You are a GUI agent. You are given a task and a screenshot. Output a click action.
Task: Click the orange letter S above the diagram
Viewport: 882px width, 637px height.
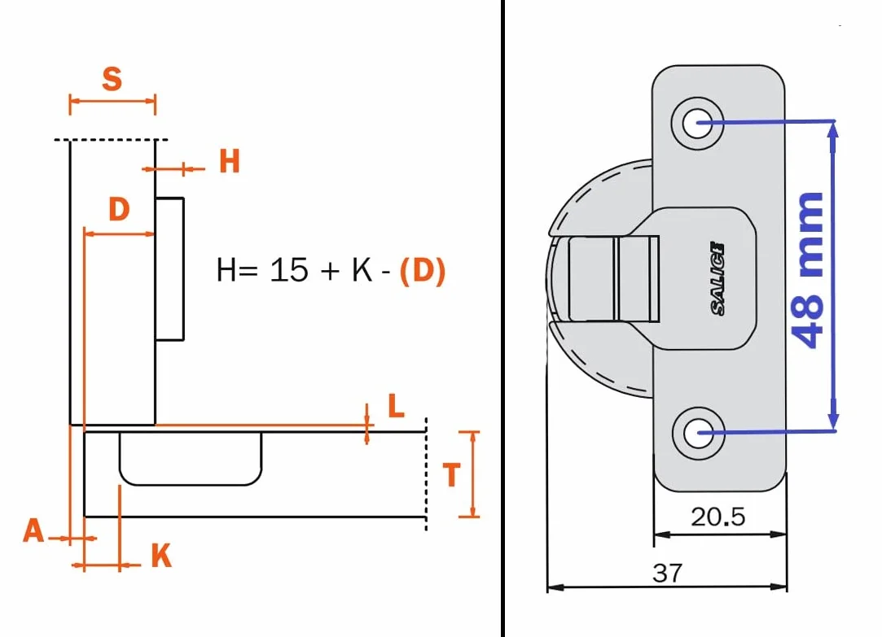click(112, 79)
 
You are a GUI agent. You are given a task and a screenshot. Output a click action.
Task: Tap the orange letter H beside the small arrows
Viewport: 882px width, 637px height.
click(230, 161)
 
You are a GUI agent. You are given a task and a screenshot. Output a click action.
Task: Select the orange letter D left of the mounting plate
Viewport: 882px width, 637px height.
click(119, 209)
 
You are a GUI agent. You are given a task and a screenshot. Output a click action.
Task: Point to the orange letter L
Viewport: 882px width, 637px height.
click(397, 405)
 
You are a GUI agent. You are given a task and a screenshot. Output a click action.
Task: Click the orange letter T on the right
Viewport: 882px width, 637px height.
click(451, 474)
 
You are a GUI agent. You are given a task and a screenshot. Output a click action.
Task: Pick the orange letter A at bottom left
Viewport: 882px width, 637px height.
click(33, 530)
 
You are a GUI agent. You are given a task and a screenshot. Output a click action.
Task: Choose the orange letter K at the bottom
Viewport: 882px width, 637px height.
click(161, 556)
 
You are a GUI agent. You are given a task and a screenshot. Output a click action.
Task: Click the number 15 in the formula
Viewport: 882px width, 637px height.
click(289, 270)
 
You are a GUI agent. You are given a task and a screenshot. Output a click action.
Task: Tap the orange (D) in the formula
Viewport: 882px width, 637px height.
click(423, 271)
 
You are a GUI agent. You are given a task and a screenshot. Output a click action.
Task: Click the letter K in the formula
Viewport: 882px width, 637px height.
click(362, 270)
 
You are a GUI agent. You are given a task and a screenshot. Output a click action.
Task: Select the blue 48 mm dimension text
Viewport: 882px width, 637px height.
click(808, 270)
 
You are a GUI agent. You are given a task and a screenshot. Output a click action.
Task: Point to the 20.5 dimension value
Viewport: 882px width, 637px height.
click(717, 517)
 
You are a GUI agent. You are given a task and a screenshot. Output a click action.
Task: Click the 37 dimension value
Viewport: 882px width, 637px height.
click(667, 574)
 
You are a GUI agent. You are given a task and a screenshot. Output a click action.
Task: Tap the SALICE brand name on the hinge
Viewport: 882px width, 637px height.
click(717, 278)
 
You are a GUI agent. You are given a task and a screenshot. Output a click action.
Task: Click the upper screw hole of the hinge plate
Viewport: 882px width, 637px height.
click(697, 123)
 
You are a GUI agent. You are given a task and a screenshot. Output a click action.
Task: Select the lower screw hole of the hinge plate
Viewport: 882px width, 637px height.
click(698, 433)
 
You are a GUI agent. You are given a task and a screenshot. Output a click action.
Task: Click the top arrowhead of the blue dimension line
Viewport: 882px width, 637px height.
click(834, 130)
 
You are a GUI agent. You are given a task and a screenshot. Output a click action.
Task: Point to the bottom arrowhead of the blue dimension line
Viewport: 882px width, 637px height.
click(834, 422)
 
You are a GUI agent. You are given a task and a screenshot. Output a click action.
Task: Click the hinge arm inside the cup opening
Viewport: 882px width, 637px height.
click(613, 278)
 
